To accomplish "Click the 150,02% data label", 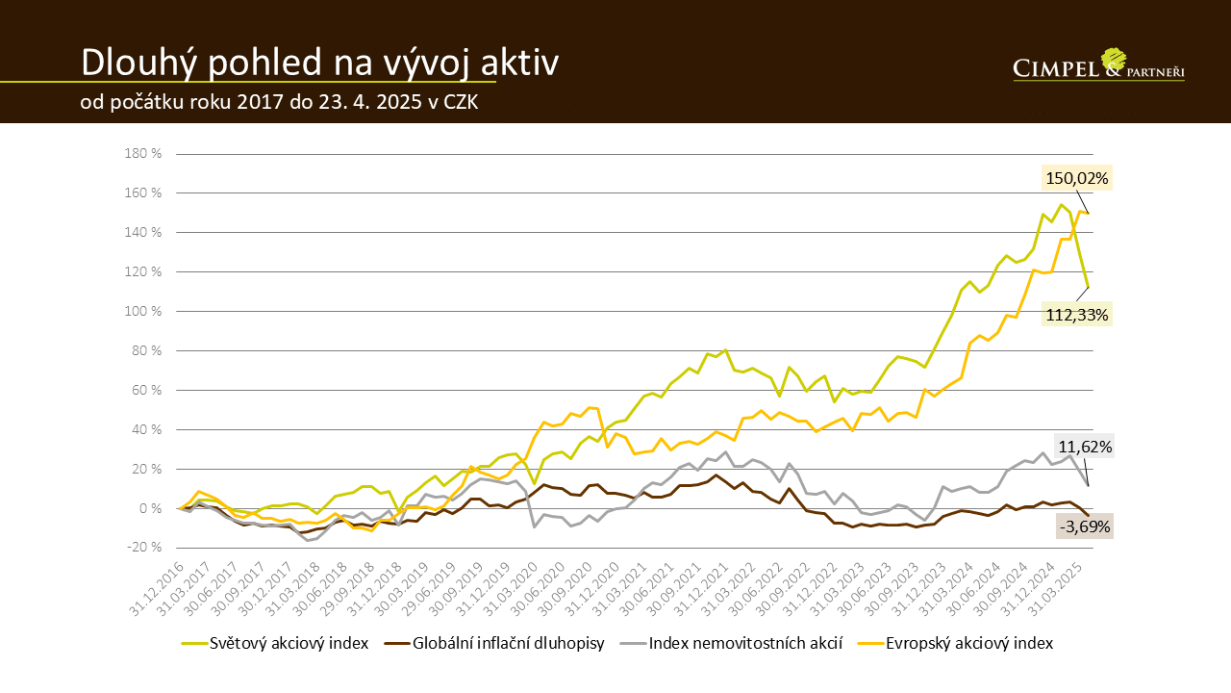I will [1077, 178].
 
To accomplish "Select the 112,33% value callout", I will [1077, 315].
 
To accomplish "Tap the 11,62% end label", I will [1085, 447].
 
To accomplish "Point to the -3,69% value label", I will [1085, 526].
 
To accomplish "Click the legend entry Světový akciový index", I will [289, 644].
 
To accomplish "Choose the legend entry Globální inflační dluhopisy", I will [508, 644].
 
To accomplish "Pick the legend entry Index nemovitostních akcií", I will [745, 644].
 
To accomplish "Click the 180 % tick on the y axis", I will [142, 154].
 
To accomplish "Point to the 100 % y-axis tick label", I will [142, 312].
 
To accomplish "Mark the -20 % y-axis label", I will [142, 548].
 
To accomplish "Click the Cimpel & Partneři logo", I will [1098, 64].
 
